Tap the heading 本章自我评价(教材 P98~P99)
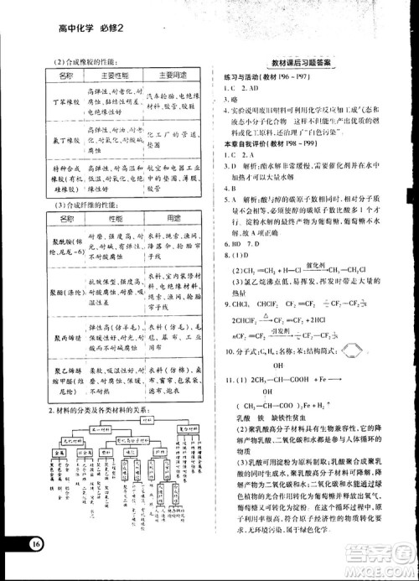tap(267, 144)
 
